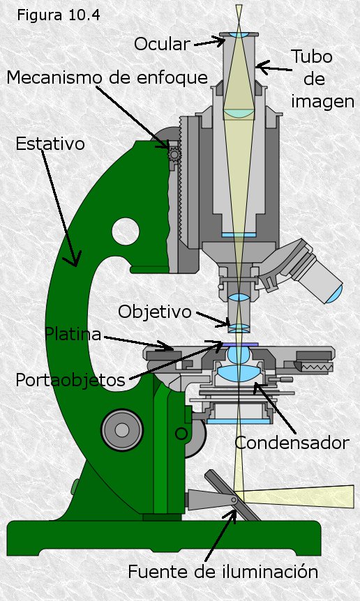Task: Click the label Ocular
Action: click(162, 44)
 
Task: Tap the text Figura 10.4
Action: click(59, 15)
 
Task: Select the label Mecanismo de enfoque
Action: click(107, 77)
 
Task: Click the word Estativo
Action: click(50, 144)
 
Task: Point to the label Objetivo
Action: click(154, 312)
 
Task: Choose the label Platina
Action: click(73, 334)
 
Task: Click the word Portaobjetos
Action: click(70, 380)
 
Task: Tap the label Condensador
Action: click(292, 443)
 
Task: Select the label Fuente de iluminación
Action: click(223, 572)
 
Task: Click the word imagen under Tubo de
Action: click(322, 102)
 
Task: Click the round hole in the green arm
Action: click(126, 231)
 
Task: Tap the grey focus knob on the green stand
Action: click(122, 430)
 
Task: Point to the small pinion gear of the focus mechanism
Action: click(175, 155)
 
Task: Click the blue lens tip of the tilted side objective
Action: click(336, 294)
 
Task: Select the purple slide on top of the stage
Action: click(241, 344)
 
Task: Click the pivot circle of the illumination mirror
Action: click(234, 500)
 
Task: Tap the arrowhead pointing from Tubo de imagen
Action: click(262, 68)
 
